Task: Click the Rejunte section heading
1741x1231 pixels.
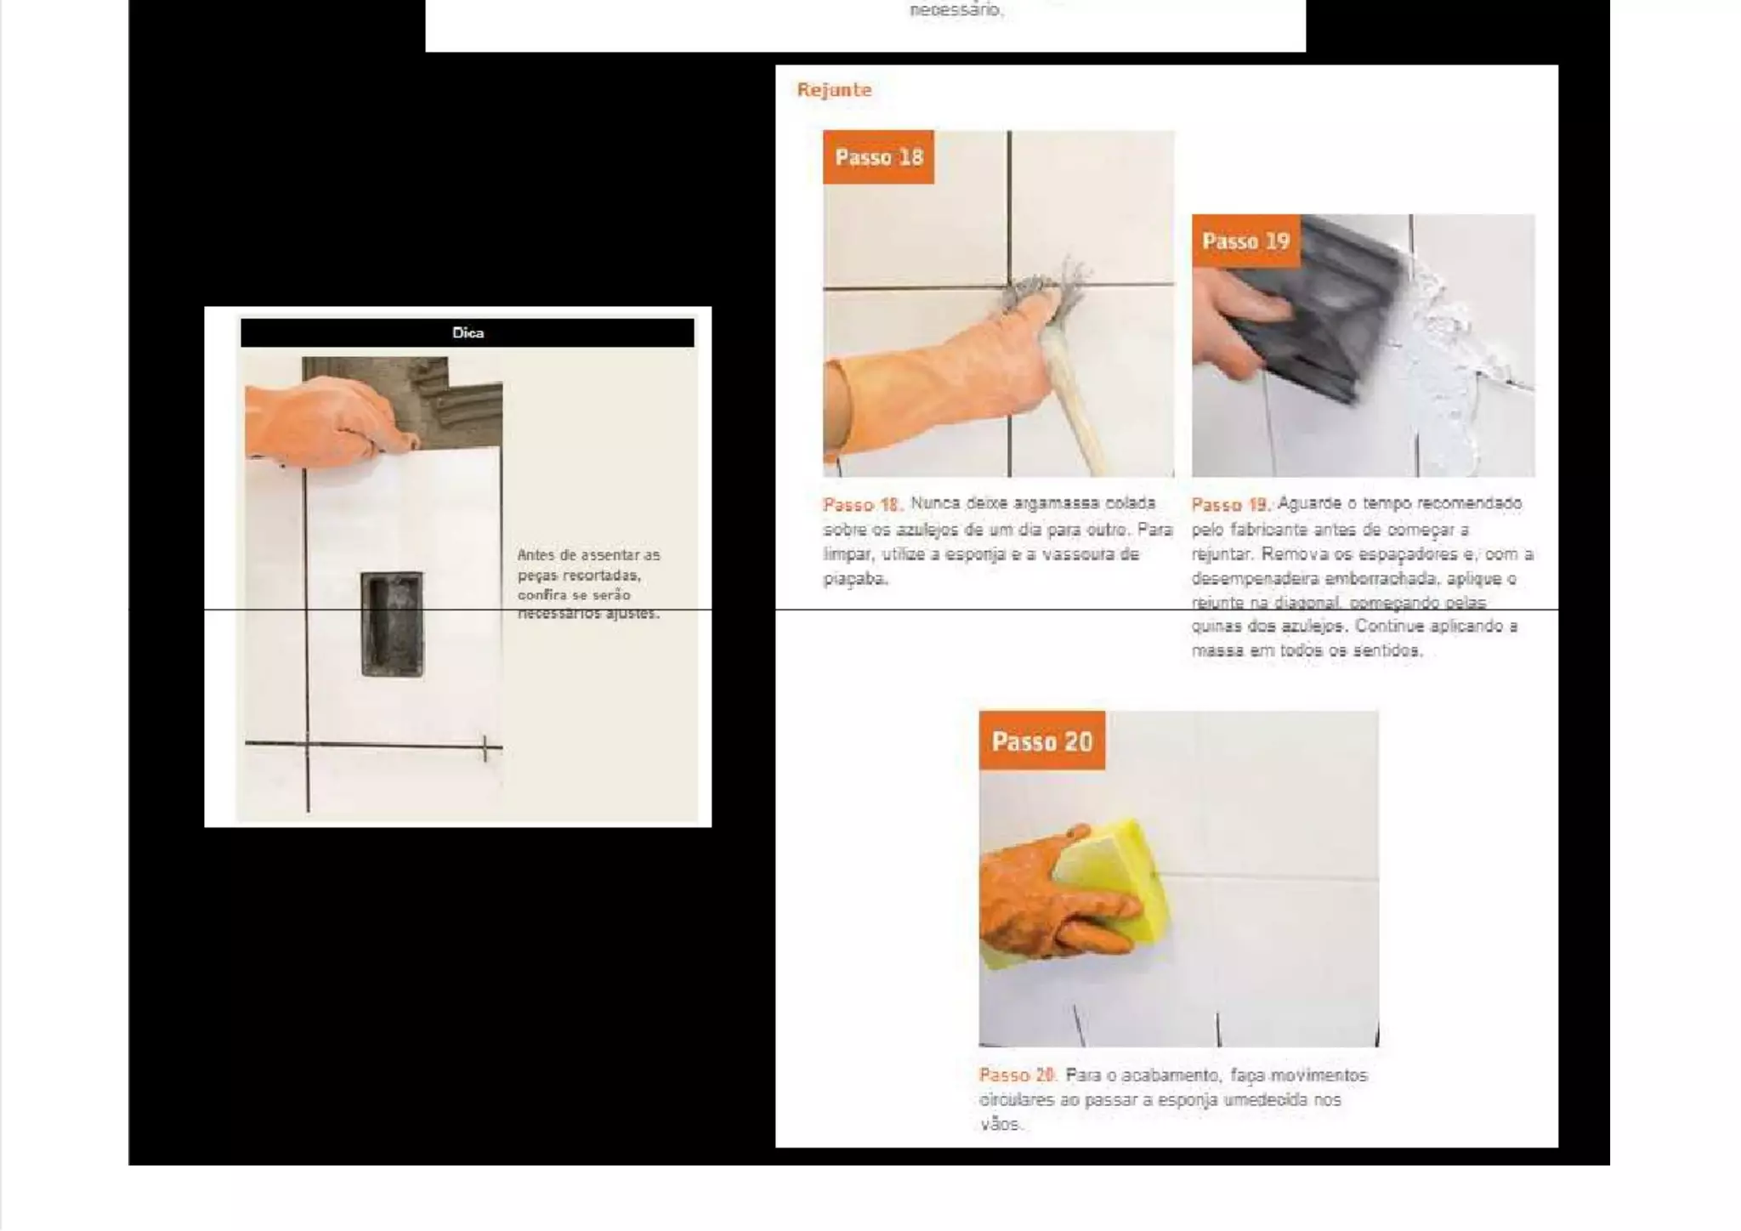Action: [x=834, y=90]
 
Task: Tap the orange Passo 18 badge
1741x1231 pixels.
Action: [x=878, y=157]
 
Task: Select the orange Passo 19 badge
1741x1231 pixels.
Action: [x=1245, y=241]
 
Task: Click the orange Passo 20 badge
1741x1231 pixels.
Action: [x=1041, y=741]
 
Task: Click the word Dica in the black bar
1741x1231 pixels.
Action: [x=468, y=333]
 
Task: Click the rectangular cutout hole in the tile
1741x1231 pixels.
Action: [x=392, y=625]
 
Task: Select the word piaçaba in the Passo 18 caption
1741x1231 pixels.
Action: [x=855, y=579]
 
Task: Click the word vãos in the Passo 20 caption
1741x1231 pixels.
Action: [x=1000, y=1124]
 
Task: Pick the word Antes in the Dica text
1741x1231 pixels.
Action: [x=536, y=555]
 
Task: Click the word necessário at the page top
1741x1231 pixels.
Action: [x=956, y=11]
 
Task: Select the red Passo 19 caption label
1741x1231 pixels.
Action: [x=1229, y=505]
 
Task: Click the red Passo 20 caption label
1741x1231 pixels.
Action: [x=1017, y=1075]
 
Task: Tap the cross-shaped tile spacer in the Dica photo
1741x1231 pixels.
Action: [x=485, y=748]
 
